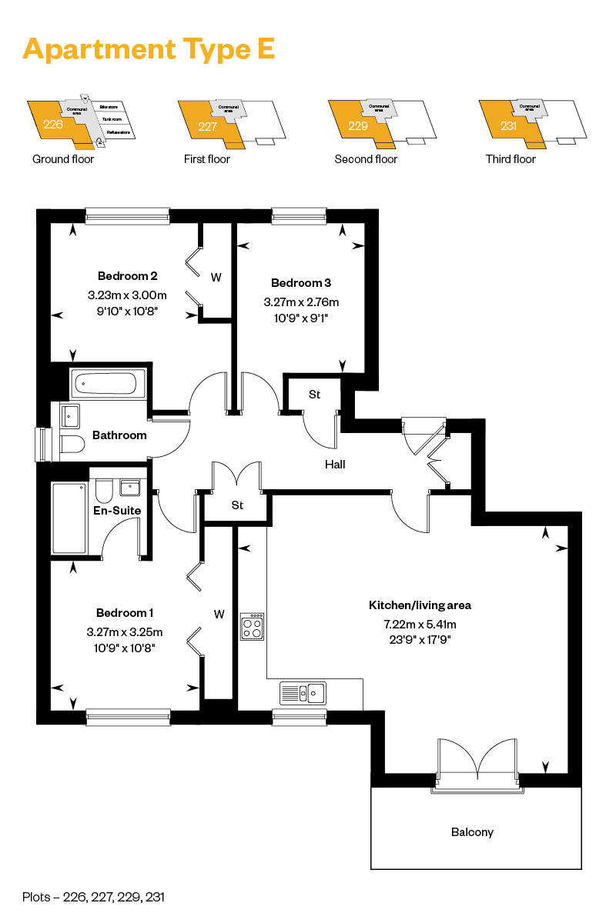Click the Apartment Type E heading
pyautogui.click(x=149, y=48)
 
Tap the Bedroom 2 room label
pyautogui.click(x=128, y=276)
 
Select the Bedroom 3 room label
pyautogui.click(x=301, y=284)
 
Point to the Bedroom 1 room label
pyautogui.click(x=125, y=613)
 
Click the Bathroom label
pyautogui.click(x=119, y=435)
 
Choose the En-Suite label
pyautogui.click(x=117, y=509)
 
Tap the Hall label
pyautogui.click(x=335, y=465)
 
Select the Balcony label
pyautogui.click(x=472, y=832)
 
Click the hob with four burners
pyautogui.click(x=253, y=627)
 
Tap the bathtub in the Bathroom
pyautogui.click(x=108, y=382)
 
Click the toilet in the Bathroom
pyautogui.click(x=72, y=445)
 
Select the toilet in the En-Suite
pyautogui.click(x=105, y=491)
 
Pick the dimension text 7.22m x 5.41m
pyautogui.click(x=419, y=624)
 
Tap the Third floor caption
pyautogui.click(x=511, y=159)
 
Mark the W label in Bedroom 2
pyautogui.click(x=216, y=277)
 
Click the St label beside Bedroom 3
pyautogui.click(x=314, y=395)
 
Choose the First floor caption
pyautogui.click(x=207, y=159)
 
